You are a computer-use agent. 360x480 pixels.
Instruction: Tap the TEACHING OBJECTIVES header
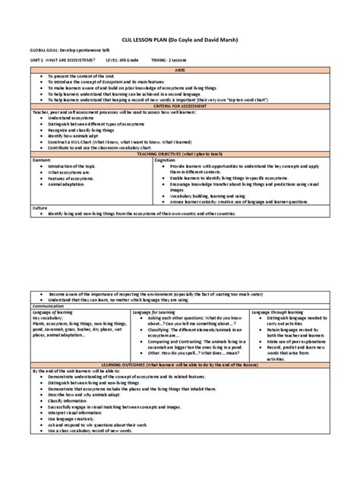click(180, 153)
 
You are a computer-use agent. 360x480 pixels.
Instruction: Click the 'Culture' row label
click(39, 208)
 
